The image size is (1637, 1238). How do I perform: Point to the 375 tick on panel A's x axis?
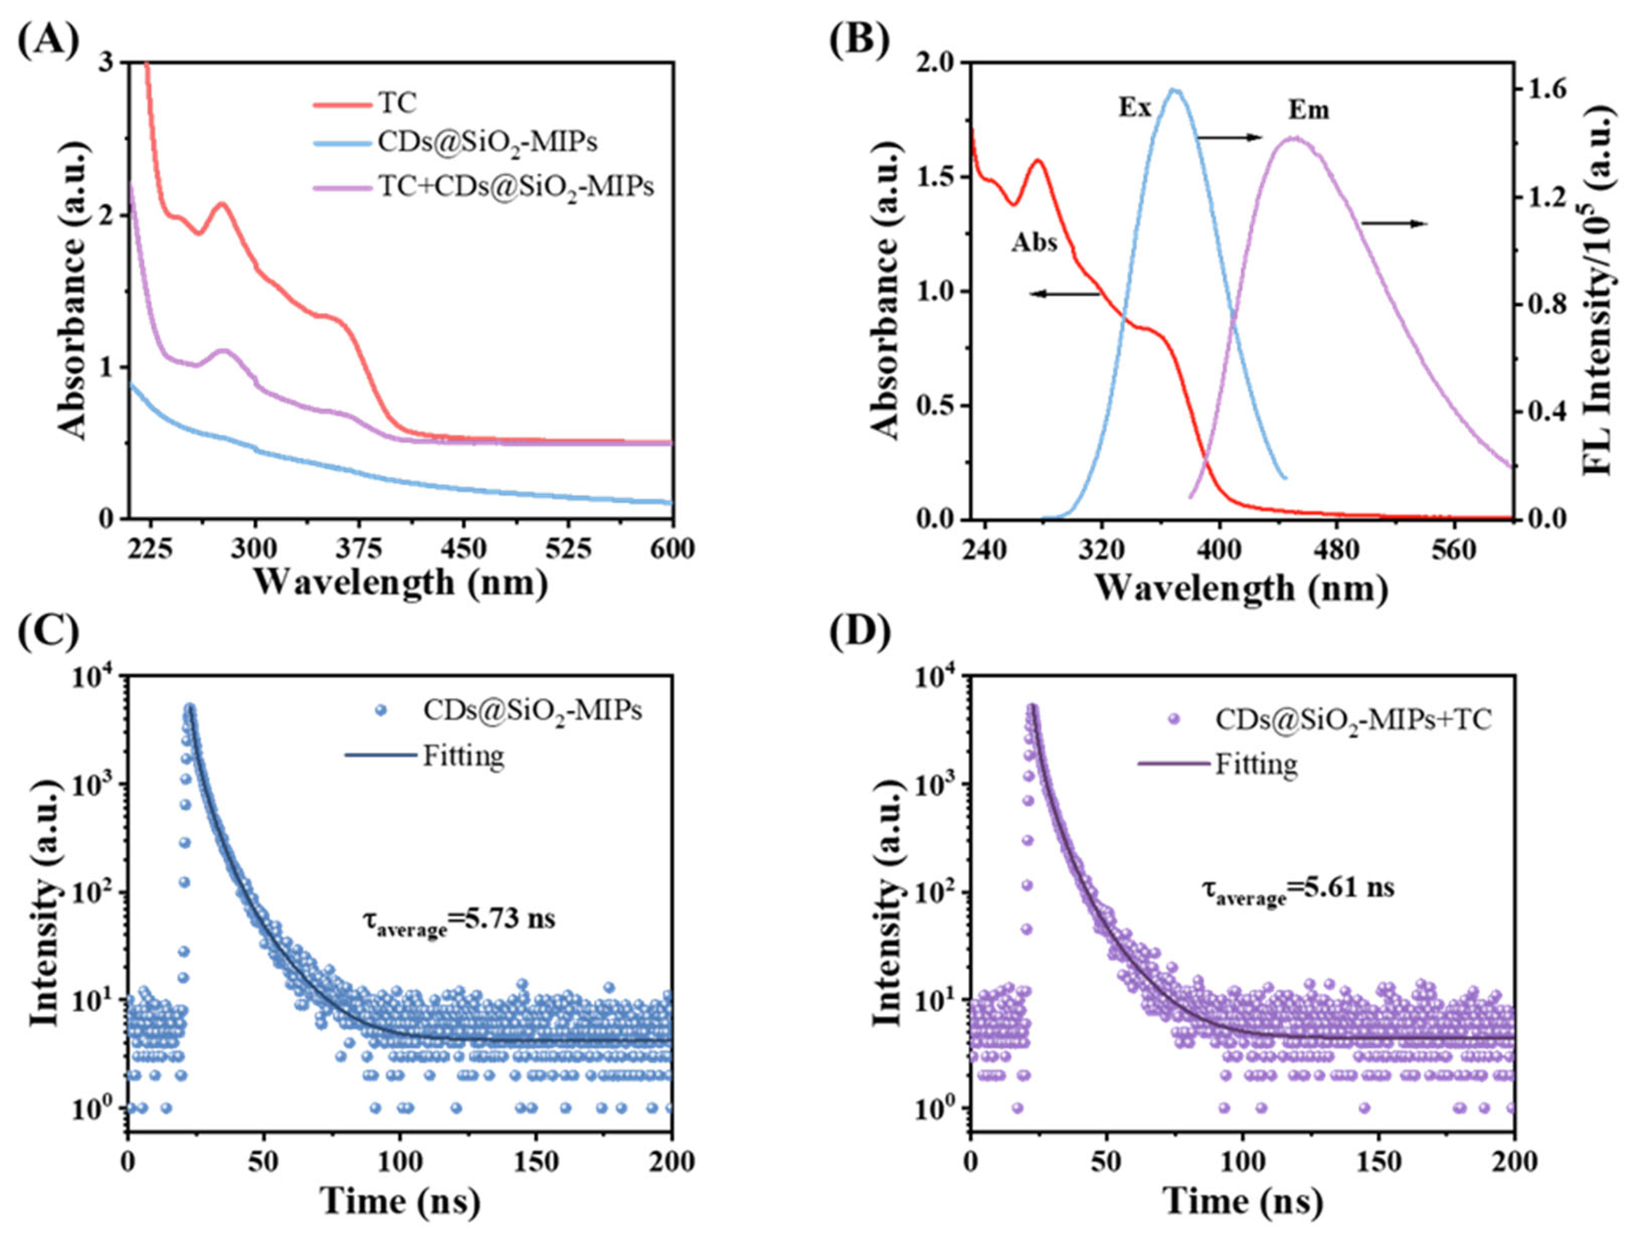(x=359, y=549)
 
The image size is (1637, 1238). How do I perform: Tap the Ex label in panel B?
(x=1134, y=108)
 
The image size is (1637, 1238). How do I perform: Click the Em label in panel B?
(x=1309, y=109)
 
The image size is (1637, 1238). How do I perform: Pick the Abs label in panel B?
(x=1034, y=242)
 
